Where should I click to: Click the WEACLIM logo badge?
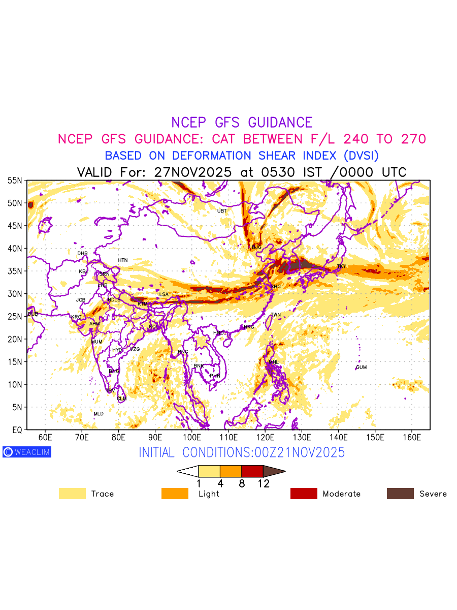point(27,452)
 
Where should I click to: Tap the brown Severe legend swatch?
point(400,494)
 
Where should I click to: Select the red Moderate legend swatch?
point(304,494)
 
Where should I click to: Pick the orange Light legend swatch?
point(174,494)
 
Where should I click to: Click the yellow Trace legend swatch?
point(72,494)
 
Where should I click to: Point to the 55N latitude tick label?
point(15,180)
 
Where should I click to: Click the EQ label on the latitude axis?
point(17,430)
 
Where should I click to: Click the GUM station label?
point(361,368)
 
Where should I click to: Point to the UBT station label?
point(222,211)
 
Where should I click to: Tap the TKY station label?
point(341,266)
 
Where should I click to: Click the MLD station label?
point(99,414)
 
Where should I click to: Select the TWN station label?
point(276,315)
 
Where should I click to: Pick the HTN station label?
point(123,260)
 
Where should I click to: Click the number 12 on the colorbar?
point(264,484)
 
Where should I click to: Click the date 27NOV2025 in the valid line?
point(193,172)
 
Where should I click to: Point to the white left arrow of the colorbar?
point(187,471)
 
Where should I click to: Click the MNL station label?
point(274,362)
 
